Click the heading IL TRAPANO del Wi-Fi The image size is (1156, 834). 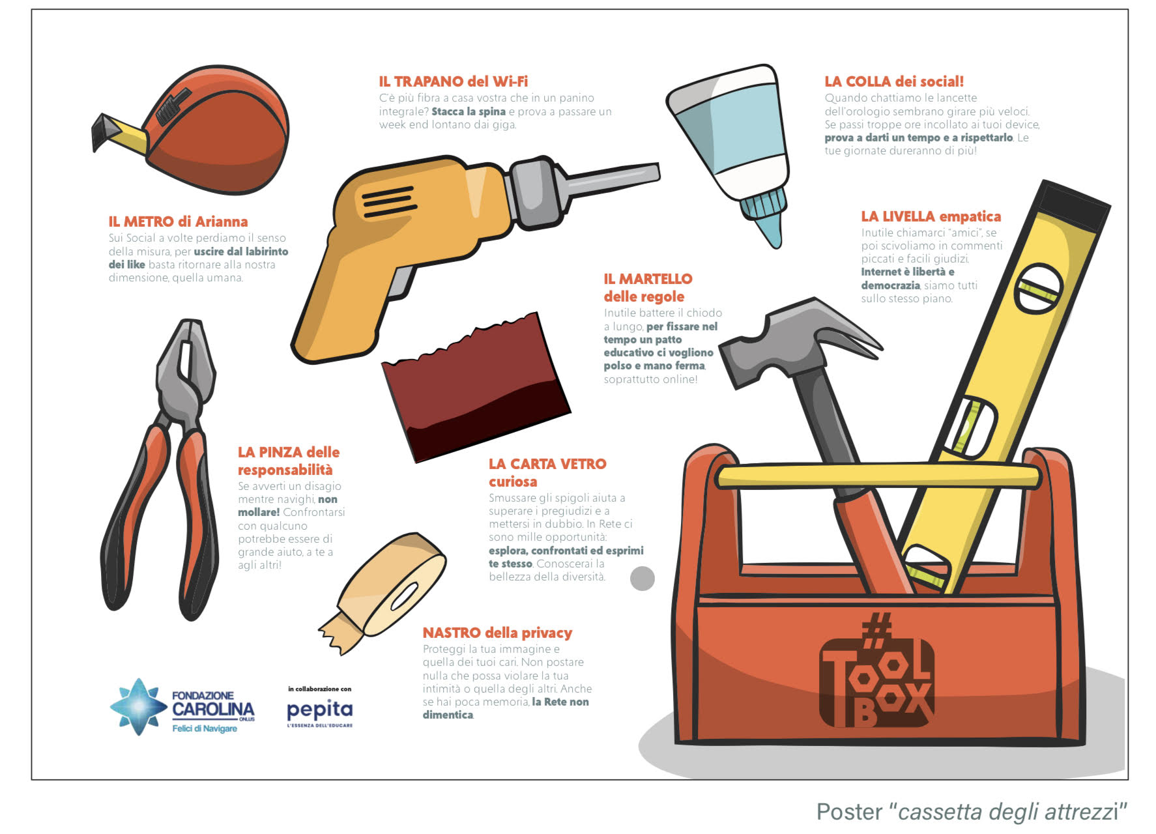tap(454, 81)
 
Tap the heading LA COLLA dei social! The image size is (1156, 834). tap(894, 81)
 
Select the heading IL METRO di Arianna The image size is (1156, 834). tap(178, 222)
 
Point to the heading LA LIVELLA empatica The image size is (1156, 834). tap(931, 216)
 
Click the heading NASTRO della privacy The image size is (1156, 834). tap(497, 633)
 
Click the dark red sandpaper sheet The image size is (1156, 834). tap(476, 388)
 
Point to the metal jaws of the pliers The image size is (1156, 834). tap(186, 371)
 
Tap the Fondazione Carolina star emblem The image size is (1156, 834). tap(138, 707)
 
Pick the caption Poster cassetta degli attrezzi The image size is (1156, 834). tap(972, 812)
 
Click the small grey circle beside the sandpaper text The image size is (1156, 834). tap(643, 579)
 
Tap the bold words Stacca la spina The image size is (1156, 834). tap(469, 111)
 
